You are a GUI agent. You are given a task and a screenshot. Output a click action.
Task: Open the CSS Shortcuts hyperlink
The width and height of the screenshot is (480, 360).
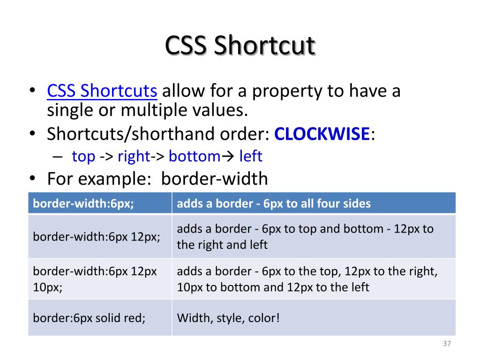point(102,90)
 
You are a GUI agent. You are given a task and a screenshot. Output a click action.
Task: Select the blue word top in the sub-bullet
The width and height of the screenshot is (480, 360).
point(83,157)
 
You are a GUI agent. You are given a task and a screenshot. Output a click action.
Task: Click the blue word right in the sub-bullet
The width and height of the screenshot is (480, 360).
point(134,157)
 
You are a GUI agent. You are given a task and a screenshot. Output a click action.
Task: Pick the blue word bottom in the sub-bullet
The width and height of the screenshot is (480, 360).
point(194,157)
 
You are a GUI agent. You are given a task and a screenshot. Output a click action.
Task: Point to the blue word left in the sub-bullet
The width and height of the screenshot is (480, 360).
point(251,157)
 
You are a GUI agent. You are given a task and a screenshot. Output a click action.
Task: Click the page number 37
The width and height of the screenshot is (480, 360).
point(446,344)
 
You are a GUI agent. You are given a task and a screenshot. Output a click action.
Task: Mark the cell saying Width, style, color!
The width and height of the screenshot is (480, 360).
point(228,318)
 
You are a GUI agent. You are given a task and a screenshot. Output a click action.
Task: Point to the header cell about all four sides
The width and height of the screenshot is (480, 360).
point(274,203)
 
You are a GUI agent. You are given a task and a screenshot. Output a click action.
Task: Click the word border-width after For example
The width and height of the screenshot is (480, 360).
point(215,179)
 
